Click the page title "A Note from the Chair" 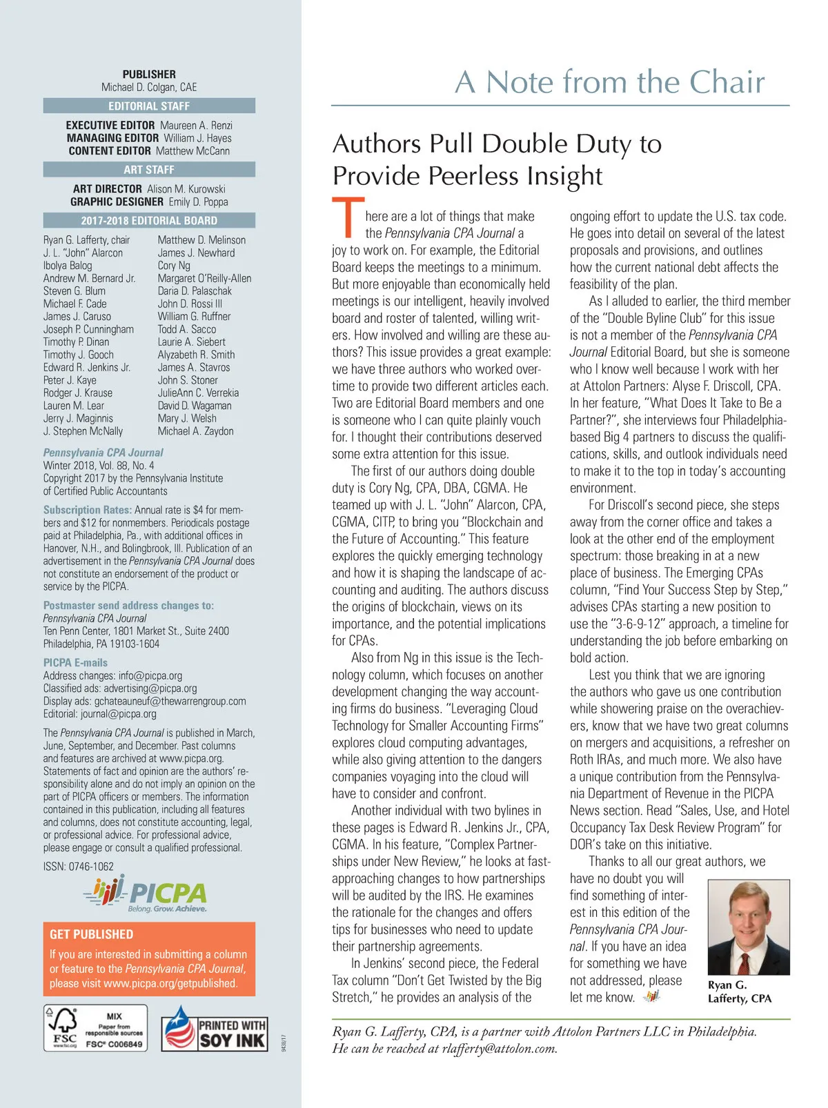coord(610,82)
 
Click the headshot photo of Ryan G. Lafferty coord(749,927)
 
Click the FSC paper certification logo coord(95,1028)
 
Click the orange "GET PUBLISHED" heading coord(91,934)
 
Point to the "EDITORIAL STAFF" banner coord(149,106)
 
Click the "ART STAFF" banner coord(149,170)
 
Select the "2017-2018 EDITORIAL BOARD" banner coord(149,221)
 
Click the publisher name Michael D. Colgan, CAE coord(149,88)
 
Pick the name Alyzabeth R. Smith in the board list coord(196,355)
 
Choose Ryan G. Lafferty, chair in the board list coord(86,240)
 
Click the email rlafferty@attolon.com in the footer coord(499,1049)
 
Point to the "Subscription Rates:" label coord(87,510)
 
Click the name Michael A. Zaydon coord(195,431)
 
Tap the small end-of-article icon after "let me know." coord(651,996)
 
